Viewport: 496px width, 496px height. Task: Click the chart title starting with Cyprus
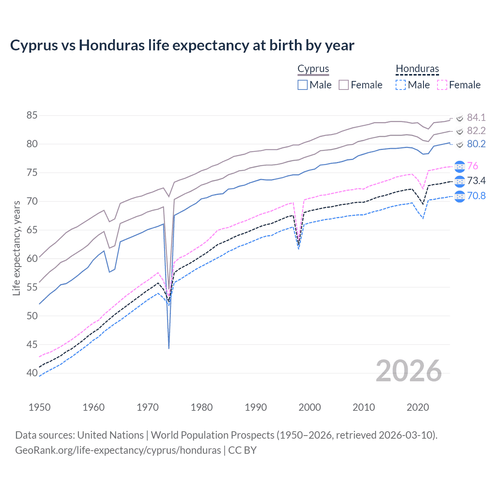[x=182, y=45]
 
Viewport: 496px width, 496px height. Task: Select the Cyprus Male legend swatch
[x=303, y=85]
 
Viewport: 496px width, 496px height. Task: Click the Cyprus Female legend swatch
[x=344, y=85]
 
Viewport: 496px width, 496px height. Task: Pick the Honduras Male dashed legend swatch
[x=401, y=85]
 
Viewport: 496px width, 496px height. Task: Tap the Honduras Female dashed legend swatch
[x=442, y=85]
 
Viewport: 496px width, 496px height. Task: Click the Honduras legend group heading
[x=417, y=69]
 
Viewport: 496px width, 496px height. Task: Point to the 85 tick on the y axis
[x=32, y=115]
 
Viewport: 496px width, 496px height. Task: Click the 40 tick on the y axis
[x=32, y=373]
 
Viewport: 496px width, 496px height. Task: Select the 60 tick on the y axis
[x=32, y=258]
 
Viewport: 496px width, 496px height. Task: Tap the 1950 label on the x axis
[x=40, y=407]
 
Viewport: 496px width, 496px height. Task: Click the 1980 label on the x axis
[x=201, y=407]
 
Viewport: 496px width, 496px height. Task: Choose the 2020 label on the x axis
[x=418, y=407]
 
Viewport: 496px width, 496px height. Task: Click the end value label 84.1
[x=476, y=117]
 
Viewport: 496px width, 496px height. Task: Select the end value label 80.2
[x=476, y=144]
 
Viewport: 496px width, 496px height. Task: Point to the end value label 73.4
[x=476, y=181]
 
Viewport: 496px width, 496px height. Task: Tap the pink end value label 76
[x=473, y=166]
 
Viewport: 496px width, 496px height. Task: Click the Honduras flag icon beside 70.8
[x=460, y=196]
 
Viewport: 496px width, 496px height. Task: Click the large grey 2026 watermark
[x=409, y=371]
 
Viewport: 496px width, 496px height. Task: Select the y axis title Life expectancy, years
[x=16, y=248]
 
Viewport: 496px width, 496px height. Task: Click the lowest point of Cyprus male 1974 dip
[x=169, y=348]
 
